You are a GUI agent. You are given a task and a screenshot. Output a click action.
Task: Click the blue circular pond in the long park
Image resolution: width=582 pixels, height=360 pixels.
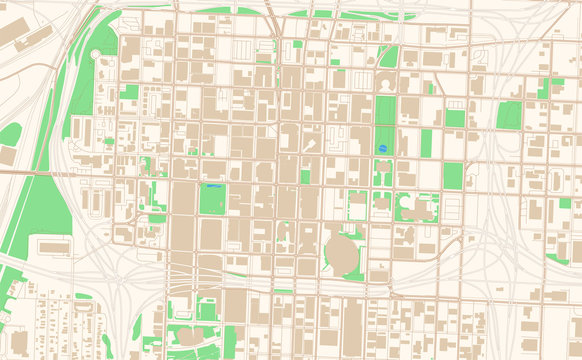382,148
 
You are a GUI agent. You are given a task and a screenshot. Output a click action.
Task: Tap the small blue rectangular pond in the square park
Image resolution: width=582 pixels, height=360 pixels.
212,187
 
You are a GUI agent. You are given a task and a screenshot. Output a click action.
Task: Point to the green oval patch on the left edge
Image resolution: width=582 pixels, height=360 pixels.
9,134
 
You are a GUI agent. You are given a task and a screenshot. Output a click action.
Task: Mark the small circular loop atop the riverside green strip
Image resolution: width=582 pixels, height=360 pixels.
96,54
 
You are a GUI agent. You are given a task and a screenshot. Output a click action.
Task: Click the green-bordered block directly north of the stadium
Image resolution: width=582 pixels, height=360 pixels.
357,206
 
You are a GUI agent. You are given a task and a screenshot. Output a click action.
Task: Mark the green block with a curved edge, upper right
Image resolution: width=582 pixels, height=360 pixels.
510,115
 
